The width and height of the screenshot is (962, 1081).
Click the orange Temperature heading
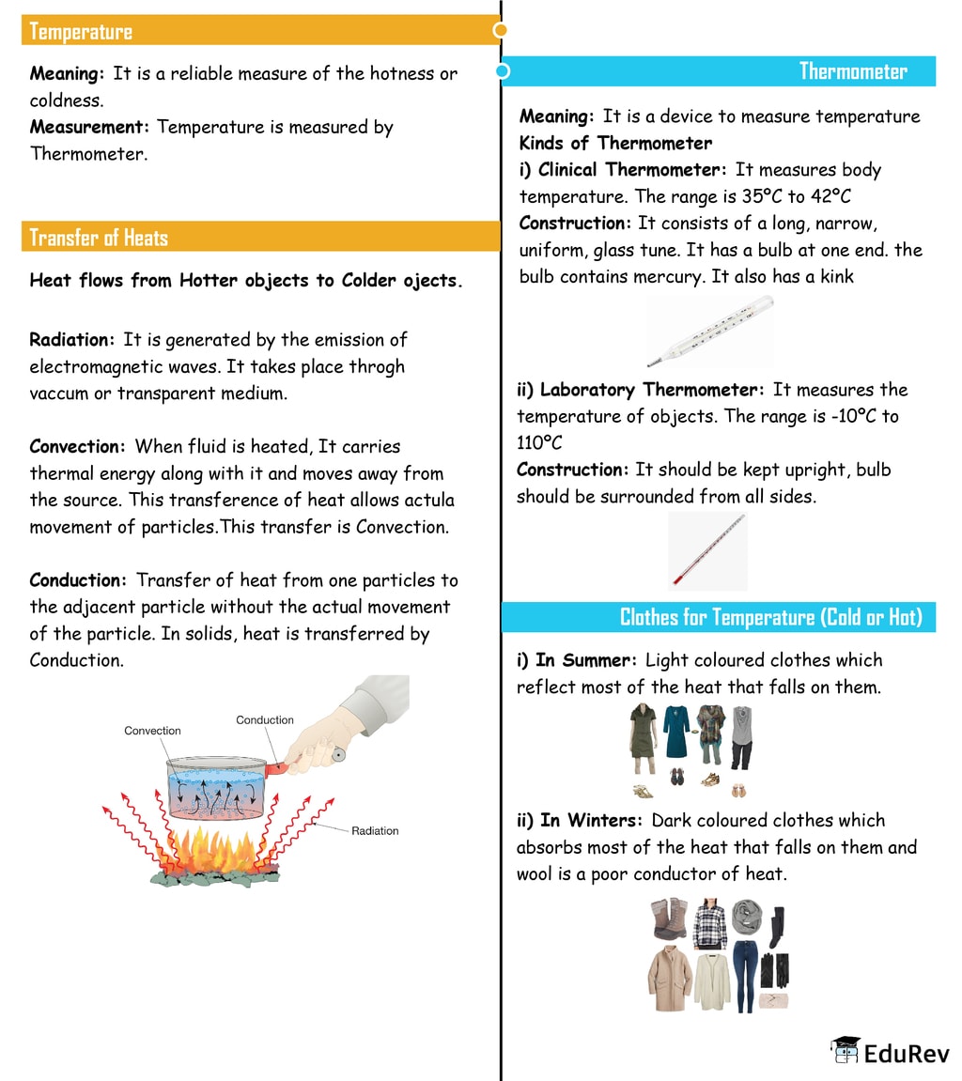coord(81,31)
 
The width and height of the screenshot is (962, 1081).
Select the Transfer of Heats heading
coord(99,237)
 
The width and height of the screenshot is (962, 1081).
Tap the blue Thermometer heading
coord(852,71)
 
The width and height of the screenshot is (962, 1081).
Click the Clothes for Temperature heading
coord(770,617)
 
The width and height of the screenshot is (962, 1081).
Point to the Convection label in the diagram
coord(152,731)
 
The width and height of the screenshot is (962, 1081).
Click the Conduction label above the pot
coord(265,720)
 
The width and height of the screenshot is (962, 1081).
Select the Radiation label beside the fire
coord(375,830)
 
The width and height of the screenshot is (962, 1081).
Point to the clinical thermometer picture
coord(710,331)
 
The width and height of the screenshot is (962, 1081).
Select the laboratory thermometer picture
coord(708,551)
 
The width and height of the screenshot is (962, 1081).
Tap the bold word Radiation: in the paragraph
coord(72,340)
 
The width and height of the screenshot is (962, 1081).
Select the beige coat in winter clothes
coord(669,979)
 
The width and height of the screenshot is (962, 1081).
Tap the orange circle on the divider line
coord(501,30)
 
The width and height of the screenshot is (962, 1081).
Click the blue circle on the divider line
coord(503,71)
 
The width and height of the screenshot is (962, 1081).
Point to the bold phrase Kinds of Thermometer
coord(615,144)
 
